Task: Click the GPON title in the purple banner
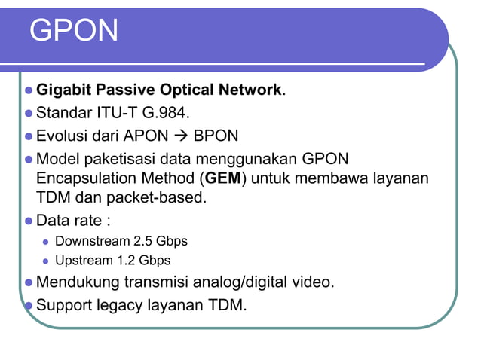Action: pos(75,31)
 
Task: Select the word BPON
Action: pos(216,136)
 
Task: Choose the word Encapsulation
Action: pos(112,180)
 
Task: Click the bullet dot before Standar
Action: pos(29,114)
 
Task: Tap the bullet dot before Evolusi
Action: pos(29,136)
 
